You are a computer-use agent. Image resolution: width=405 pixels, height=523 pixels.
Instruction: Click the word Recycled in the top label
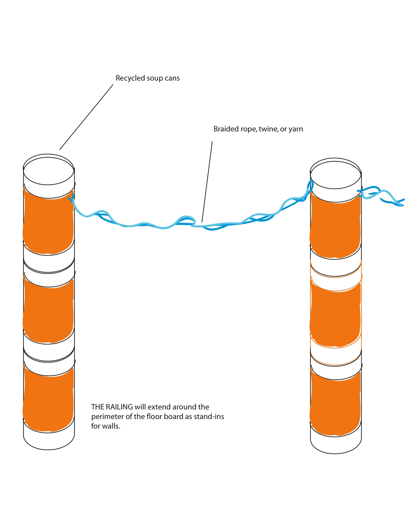tap(130, 78)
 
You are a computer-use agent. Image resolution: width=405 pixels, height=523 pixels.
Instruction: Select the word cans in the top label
tap(172, 78)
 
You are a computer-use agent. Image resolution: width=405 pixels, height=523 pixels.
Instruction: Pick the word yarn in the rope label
tap(296, 129)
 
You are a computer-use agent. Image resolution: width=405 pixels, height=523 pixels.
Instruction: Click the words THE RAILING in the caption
tap(112, 407)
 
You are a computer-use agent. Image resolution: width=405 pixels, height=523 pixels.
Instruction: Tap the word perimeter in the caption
tap(107, 417)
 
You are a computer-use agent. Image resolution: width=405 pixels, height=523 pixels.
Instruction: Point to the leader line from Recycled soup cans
tap(86, 117)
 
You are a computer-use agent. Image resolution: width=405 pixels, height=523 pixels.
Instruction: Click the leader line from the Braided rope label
tap(207, 182)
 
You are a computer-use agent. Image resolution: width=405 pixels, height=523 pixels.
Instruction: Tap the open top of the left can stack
tap(49, 171)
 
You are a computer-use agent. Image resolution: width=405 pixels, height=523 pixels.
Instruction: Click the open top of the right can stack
tap(336, 175)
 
